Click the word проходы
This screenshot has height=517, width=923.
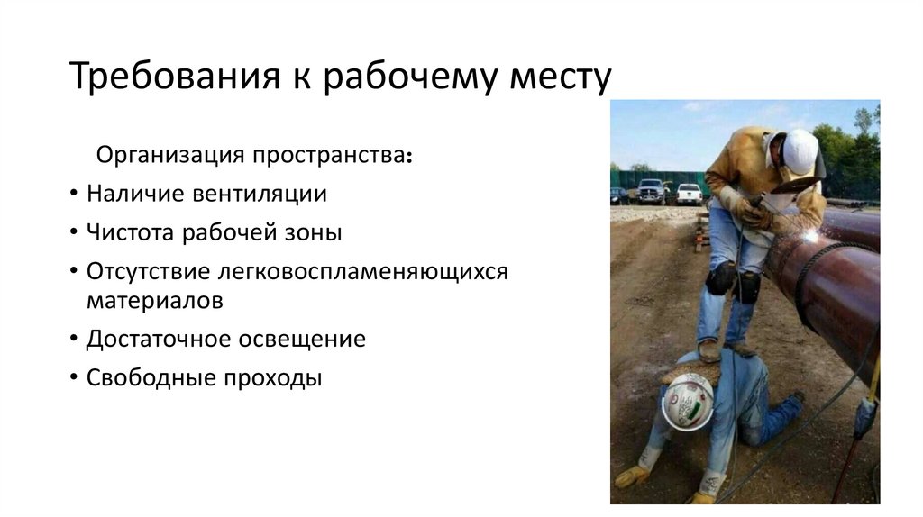tap(271, 377)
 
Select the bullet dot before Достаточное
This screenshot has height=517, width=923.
tap(72, 340)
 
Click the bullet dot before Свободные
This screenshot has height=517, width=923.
tap(72, 379)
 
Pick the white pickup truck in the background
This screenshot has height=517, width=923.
tap(689, 193)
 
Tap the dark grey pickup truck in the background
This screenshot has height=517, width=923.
tap(651, 191)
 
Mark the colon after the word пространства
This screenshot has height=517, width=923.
tap(411, 157)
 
